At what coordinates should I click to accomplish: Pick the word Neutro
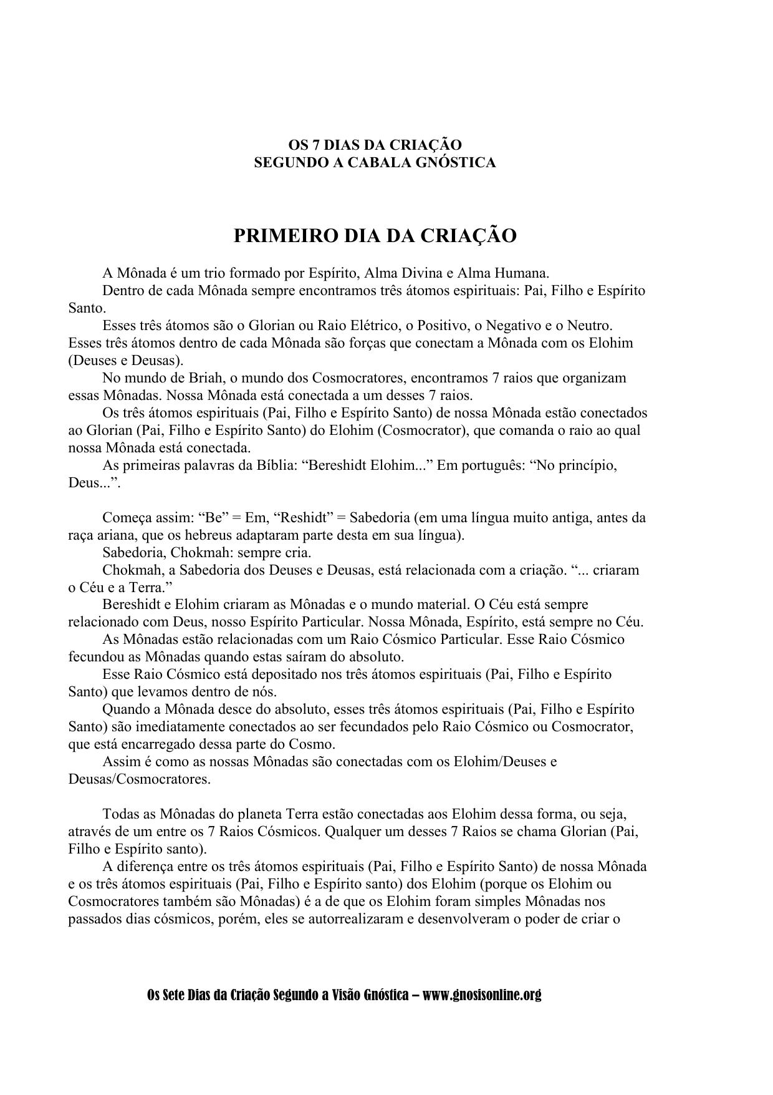[x=590, y=325]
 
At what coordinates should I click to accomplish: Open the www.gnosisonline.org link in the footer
[x=482, y=995]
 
